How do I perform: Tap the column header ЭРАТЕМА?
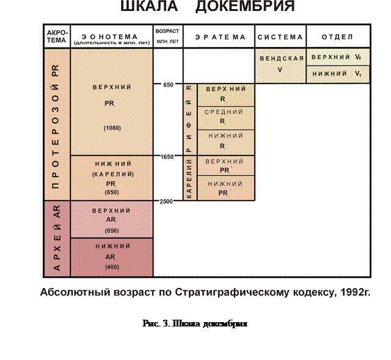(220, 37)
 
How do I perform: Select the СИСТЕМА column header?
(280, 37)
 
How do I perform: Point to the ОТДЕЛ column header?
(338, 37)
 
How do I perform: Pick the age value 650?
(168, 84)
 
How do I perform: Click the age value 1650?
(168, 156)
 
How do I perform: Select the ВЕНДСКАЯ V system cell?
(280, 65)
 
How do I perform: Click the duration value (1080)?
(111, 128)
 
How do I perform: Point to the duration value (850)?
(111, 192)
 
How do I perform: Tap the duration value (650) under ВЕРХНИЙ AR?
(111, 231)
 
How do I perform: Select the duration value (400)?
(111, 267)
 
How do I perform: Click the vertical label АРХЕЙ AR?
(57, 239)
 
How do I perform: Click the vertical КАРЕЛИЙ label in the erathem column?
(189, 178)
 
